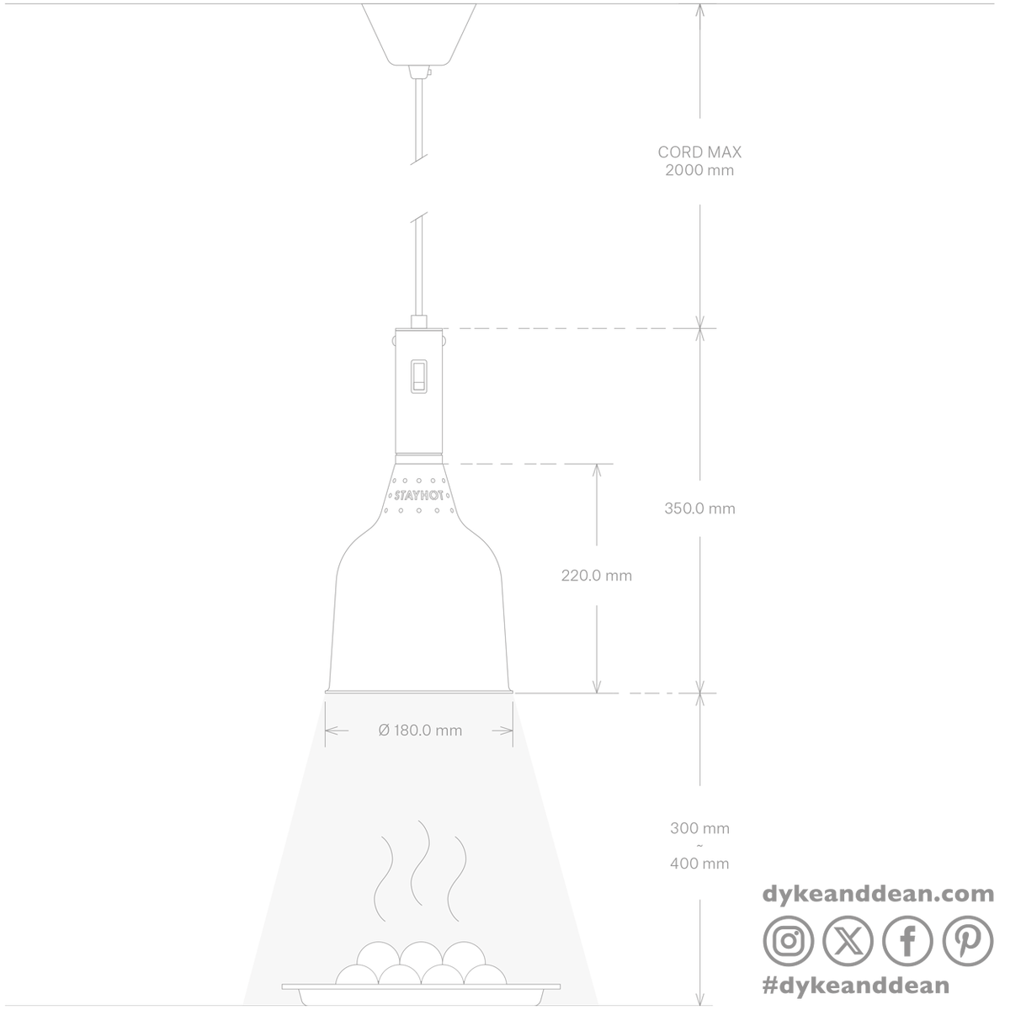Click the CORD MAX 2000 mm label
[699, 161]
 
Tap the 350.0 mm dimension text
[699, 508]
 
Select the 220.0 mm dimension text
[597, 576]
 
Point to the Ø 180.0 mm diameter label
[420, 730]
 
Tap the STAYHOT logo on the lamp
[419, 495]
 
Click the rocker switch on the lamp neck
[419, 375]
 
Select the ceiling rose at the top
[419, 35]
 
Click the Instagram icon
[789, 941]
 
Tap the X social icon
[848, 941]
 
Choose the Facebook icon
[907, 941]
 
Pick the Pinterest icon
[968, 941]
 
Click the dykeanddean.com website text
[878, 894]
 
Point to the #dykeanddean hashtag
[856, 985]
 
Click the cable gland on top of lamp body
[419, 322]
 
